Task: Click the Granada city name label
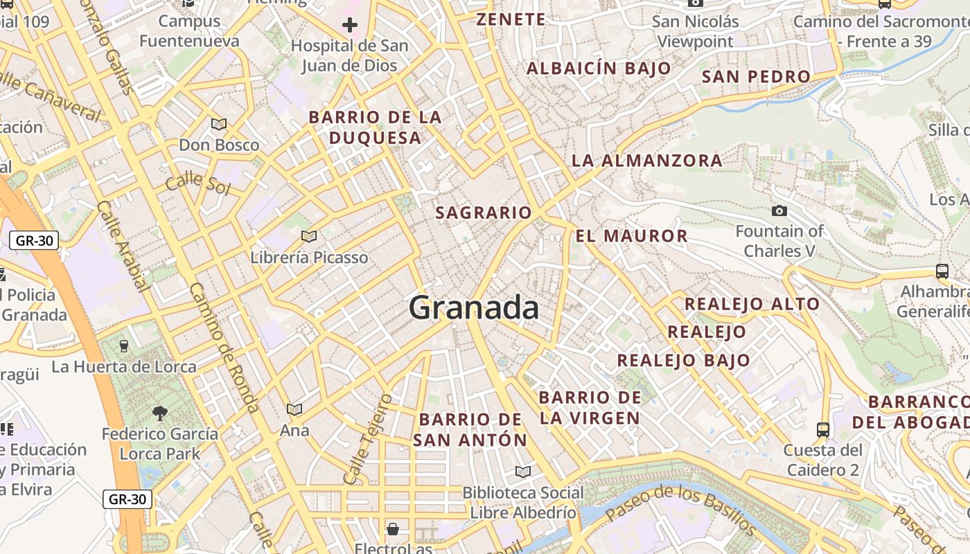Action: pyautogui.click(x=474, y=307)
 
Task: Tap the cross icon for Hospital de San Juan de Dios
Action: pyautogui.click(x=350, y=26)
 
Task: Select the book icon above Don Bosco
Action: pyautogui.click(x=219, y=125)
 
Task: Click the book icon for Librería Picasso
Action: pyautogui.click(x=309, y=237)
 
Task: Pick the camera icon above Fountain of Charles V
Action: pyautogui.click(x=779, y=211)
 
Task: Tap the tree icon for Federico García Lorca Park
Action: pyautogui.click(x=160, y=414)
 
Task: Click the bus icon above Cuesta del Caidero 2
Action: pyautogui.click(x=823, y=430)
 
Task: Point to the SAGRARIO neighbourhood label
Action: pyautogui.click(x=484, y=213)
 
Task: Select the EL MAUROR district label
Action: pyautogui.click(x=631, y=236)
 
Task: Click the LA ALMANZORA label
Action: pyautogui.click(x=646, y=161)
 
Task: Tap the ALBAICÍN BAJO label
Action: pyautogui.click(x=599, y=69)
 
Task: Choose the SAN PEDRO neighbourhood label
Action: pyautogui.click(x=756, y=76)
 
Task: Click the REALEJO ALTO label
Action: pyautogui.click(x=752, y=304)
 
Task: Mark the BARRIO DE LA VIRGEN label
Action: pyautogui.click(x=590, y=408)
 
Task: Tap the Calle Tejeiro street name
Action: pyautogui.click(x=367, y=439)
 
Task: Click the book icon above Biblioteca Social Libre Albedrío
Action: pyautogui.click(x=523, y=472)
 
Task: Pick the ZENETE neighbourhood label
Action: pyautogui.click(x=511, y=19)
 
